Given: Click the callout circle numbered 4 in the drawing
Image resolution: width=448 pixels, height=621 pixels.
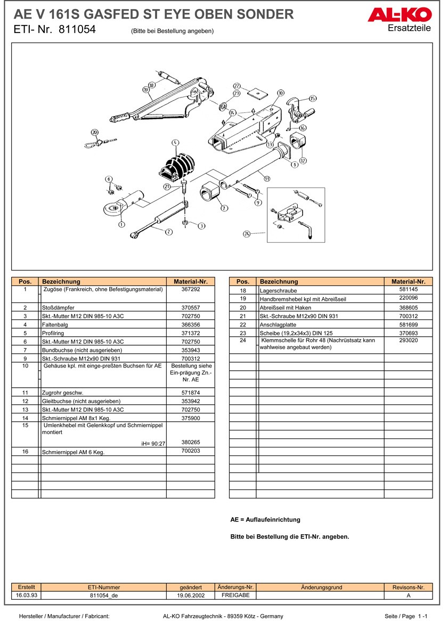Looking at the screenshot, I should click(x=175, y=143).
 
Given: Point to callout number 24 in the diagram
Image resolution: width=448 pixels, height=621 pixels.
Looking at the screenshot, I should click(x=247, y=234).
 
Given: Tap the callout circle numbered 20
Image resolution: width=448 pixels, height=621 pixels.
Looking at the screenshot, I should click(x=94, y=132).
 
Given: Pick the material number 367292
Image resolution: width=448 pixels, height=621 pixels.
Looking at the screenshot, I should click(x=190, y=290).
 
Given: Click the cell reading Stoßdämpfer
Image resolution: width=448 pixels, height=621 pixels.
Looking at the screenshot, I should click(x=58, y=308).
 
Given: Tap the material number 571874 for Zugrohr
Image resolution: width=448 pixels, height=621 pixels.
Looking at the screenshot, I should click(x=190, y=393).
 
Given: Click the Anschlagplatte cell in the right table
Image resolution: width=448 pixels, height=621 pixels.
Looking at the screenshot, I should click(x=275, y=325).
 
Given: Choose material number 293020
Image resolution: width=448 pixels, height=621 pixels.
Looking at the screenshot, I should click(x=408, y=340).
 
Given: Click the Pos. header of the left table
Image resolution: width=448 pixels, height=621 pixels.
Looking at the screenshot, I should click(x=25, y=281).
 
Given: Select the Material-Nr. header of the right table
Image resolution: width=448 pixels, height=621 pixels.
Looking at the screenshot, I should click(x=408, y=281).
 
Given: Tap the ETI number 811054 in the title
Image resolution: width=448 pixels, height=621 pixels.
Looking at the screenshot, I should click(x=77, y=30).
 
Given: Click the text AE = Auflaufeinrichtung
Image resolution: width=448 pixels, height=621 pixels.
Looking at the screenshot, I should click(x=265, y=519).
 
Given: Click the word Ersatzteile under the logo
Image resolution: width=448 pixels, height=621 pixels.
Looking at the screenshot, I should click(x=409, y=28).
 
